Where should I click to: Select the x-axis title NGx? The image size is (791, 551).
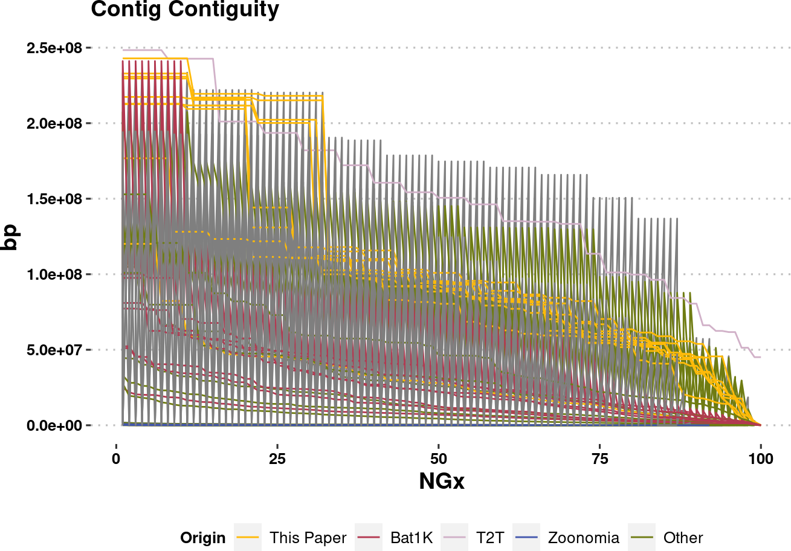point(442,482)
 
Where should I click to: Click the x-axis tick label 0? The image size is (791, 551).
point(116,459)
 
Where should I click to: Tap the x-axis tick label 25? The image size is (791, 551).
point(277,459)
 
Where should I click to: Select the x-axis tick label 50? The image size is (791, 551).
point(438,459)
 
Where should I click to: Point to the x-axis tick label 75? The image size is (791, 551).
point(599,459)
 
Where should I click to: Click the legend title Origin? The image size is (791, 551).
point(202,538)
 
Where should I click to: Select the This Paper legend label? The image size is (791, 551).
point(308,538)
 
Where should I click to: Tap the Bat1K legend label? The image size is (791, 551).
point(412,538)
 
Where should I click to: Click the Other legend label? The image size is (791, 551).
point(683,538)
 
